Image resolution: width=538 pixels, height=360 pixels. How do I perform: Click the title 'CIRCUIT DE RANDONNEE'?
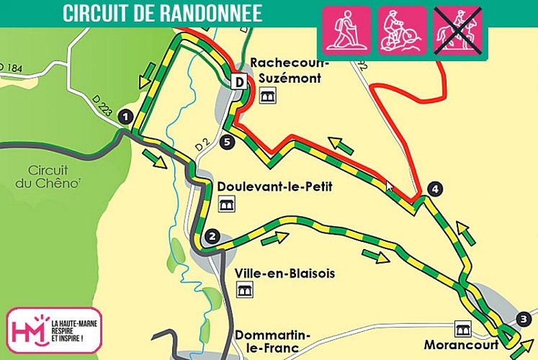162,14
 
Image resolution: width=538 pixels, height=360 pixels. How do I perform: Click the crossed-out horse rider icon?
457,31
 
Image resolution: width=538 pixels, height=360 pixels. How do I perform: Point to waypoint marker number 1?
126,115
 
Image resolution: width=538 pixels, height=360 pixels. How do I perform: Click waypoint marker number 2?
211,235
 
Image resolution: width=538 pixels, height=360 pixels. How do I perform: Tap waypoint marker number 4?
433,189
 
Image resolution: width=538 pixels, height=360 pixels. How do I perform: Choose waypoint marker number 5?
228,142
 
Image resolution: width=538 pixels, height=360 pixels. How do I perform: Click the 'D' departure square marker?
238,82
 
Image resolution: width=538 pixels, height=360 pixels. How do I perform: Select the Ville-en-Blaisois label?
274,274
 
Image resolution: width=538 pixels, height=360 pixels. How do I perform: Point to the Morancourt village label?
461,344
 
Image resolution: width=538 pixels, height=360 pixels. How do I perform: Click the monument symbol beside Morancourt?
462,328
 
